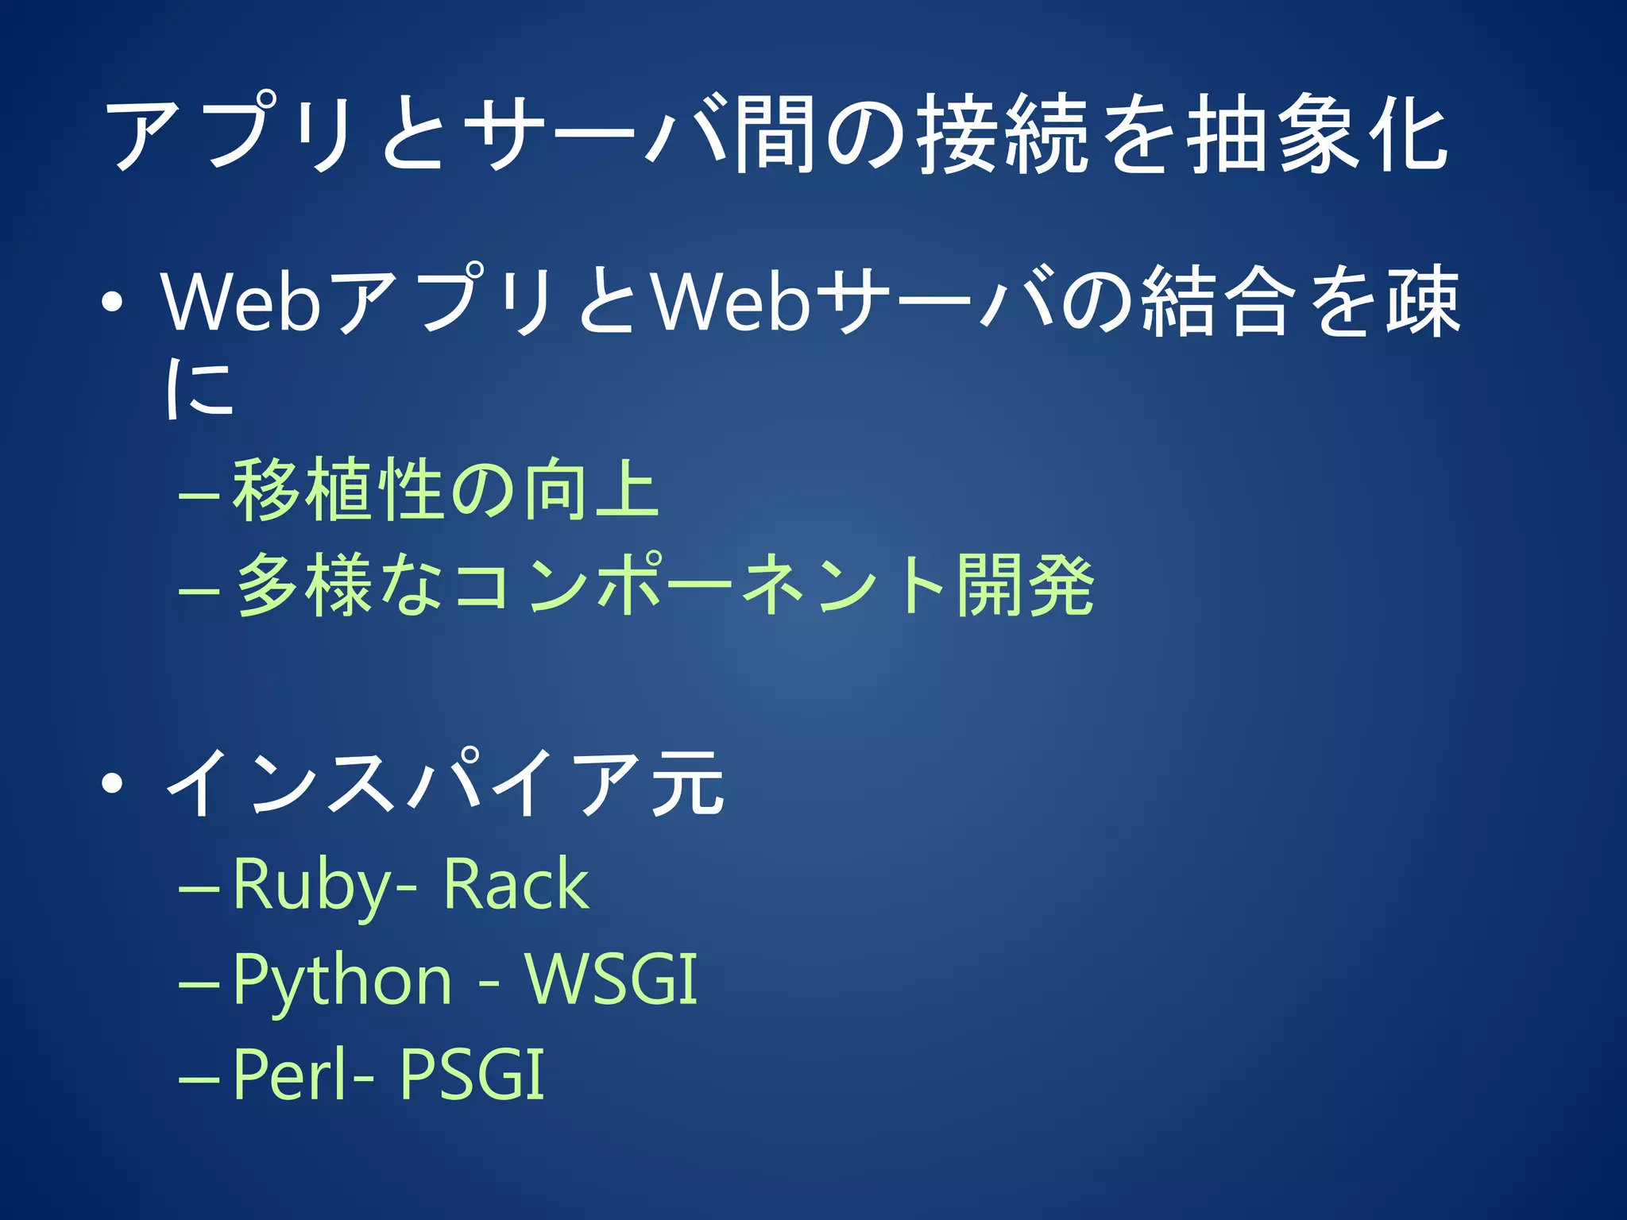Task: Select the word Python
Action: (x=342, y=981)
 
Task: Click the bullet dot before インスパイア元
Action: (x=113, y=784)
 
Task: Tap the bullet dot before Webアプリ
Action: (x=113, y=303)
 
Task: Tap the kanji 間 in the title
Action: (x=775, y=133)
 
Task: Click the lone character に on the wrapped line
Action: (x=199, y=388)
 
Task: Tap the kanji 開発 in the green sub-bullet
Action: (x=1026, y=585)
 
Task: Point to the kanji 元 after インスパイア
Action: (x=688, y=784)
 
